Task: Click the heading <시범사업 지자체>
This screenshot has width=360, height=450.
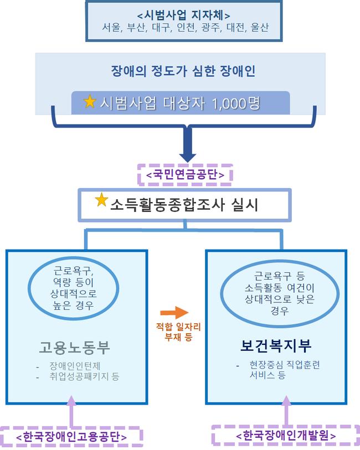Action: (x=184, y=15)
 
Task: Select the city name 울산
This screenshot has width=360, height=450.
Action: (x=259, y=28)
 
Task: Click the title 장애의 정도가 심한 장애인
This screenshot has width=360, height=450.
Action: (x=183, y=71)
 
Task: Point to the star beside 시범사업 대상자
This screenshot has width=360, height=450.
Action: (x=90, y=101)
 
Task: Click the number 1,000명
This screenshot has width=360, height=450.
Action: (x=236, y=104)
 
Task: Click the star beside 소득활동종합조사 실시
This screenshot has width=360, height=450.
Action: (x=101, y=200)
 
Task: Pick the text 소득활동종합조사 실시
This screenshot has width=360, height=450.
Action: (x=184, y=205)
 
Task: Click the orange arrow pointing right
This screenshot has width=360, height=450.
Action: (x=174, y=313)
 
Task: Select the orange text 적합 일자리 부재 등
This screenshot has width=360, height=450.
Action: (x=178, y=332)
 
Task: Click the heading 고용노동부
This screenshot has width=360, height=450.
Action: (x=75, y=348)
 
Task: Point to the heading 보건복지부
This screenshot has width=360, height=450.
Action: (x=276, y=346)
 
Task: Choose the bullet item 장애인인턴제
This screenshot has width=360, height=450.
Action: (x=75, y=366)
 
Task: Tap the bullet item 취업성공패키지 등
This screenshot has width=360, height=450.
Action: (x=84, y=376)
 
